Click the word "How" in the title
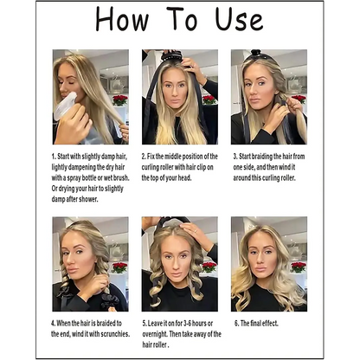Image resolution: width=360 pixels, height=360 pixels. click(122, 20)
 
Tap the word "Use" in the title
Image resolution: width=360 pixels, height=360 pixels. click(240, 19)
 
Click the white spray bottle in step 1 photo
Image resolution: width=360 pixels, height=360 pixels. click(65, 106)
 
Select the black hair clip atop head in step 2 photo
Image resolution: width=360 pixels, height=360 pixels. click(172, 55)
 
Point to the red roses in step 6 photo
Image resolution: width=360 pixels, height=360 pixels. click(298, 267)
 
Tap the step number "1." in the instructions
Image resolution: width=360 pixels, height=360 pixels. click(54, 157)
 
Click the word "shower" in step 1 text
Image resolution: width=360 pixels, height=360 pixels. click(87, 199)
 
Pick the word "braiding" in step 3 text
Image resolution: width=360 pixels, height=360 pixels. click(262, 157)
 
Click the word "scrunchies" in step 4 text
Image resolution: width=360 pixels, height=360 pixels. click(114, 334)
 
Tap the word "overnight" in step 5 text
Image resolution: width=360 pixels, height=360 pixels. click(154, 334)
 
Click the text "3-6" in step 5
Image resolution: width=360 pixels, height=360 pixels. click(186, 324)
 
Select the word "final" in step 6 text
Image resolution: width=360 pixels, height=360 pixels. click(256, 324)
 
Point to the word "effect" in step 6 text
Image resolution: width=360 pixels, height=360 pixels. click(271, 324)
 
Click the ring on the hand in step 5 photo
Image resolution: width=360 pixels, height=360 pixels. click(196, 231)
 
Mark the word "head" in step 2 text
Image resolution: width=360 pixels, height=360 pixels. click(184, 178)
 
